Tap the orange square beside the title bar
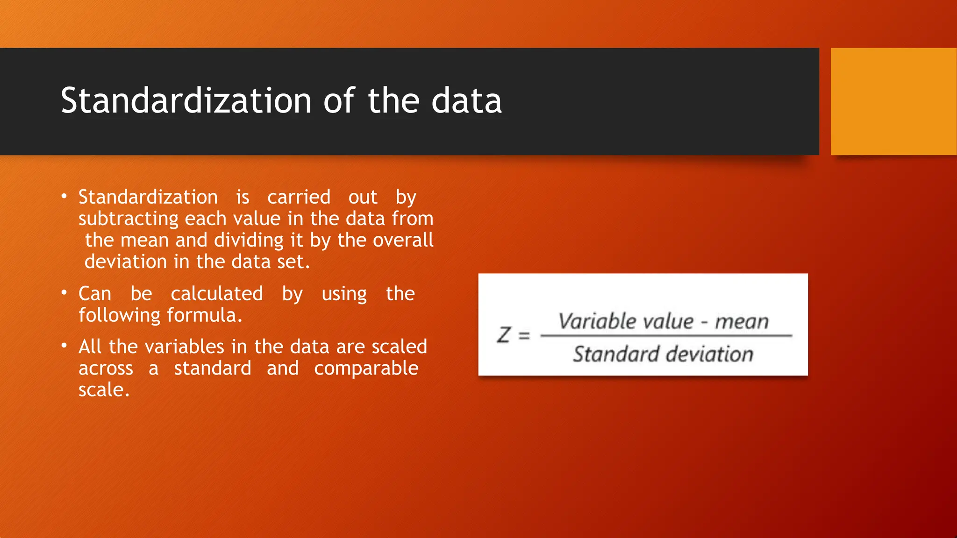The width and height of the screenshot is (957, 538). (893, 101)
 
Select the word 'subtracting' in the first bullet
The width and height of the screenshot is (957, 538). (129, 219)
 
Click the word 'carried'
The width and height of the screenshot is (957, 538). (299, 197)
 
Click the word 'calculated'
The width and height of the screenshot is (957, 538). (217, 294)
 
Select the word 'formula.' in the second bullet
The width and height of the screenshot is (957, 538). (205, 315)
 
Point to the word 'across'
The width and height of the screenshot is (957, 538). (106, 368)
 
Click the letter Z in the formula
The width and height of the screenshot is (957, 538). (504, 335)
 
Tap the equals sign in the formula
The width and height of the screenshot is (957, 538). (524, 335)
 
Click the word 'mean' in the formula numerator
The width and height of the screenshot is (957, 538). (742, 322)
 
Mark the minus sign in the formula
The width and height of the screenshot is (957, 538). (704, 322)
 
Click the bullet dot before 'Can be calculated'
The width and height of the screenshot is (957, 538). (64, 293)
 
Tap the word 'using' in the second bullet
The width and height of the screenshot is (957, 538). (344, 294)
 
